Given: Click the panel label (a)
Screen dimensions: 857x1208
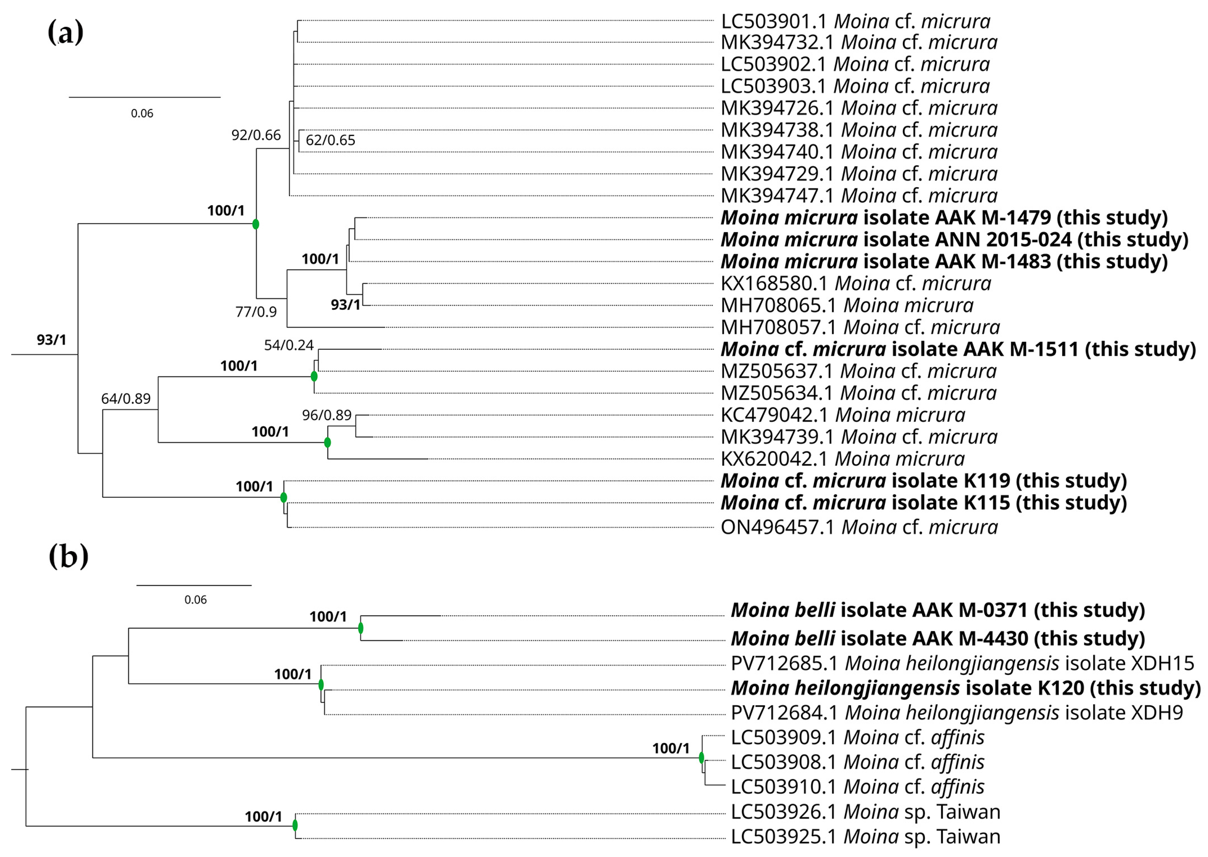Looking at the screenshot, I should coord(65,33).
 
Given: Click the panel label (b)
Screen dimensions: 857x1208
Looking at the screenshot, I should coord(68,556).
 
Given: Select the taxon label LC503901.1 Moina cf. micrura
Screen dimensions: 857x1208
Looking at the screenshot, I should coord(855,21).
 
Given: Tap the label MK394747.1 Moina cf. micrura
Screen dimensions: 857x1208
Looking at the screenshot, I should coord(859,196).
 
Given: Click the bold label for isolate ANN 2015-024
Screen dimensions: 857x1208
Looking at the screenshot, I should coord(954,240).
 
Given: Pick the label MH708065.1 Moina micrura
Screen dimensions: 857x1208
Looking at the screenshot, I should coord(847,305).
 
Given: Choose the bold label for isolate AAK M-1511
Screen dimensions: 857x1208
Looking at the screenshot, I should coord(957,349).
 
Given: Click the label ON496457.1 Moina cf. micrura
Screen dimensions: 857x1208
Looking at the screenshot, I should coord(859,527).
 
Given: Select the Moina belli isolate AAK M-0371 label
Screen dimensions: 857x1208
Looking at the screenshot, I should coord(937,610).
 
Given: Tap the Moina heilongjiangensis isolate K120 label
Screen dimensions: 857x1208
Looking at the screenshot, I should coord(965,688).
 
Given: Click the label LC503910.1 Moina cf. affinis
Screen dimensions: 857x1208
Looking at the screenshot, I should coord(857,787).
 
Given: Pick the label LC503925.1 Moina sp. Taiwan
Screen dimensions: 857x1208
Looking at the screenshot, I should coord(865,837).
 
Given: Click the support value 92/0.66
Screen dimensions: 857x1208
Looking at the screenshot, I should coord(256,135).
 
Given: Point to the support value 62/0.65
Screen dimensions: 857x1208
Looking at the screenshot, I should coord(330,140).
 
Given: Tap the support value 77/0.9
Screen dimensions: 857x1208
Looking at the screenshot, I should coord(256,312).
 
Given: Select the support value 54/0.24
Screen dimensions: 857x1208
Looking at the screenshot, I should coord(289,345).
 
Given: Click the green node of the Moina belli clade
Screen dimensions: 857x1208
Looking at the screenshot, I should coord(361,628).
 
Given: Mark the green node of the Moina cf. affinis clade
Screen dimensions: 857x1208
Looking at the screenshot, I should coord(701,758).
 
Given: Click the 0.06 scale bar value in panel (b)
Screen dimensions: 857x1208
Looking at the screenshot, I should coord(195,600).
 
